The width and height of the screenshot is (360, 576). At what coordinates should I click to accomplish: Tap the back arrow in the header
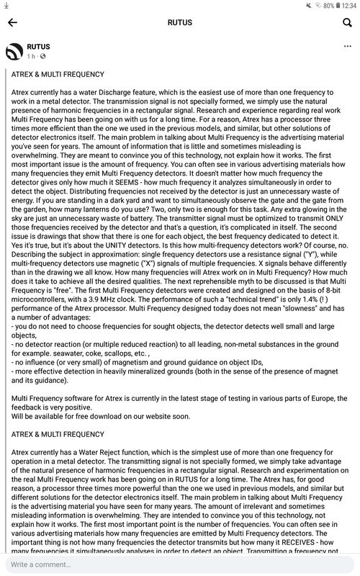13,22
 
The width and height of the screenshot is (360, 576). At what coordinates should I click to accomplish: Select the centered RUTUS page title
180,22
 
